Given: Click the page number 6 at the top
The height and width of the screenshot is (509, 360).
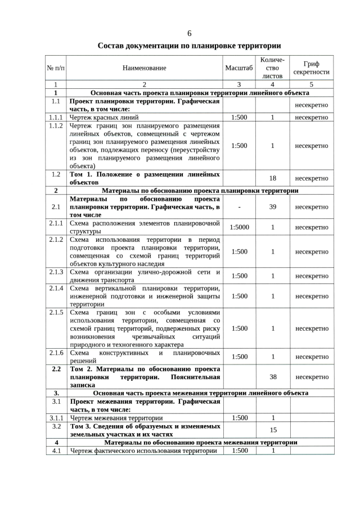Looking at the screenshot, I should point(189,33).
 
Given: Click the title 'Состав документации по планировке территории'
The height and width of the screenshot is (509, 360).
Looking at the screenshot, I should point(189,46).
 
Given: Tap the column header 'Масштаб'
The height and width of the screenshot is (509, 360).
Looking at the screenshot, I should point(240,68).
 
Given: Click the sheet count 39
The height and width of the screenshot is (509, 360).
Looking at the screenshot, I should point(273,207).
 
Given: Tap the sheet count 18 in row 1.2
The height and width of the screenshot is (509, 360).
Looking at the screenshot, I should point(273,178).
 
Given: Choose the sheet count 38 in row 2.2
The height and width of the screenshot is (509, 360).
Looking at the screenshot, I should point(273,377).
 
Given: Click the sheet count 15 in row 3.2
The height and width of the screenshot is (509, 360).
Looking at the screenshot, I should point(273,430).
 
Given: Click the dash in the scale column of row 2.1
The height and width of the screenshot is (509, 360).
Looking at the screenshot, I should point(240,207).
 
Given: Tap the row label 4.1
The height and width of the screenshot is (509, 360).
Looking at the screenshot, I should point(56,451).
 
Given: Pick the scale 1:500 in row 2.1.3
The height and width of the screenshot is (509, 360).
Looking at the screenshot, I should point(240,276).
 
